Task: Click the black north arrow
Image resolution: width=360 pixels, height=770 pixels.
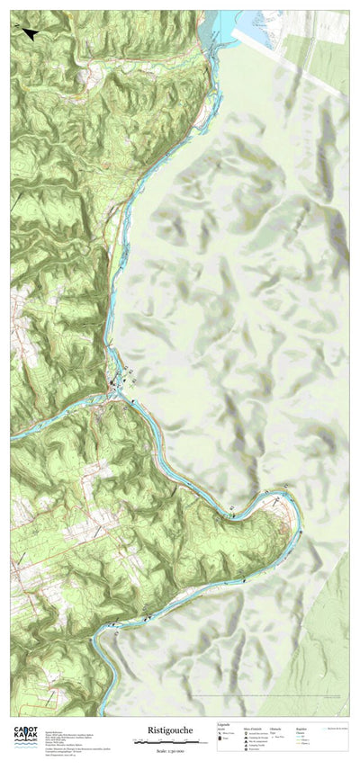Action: (x=30, y=34)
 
